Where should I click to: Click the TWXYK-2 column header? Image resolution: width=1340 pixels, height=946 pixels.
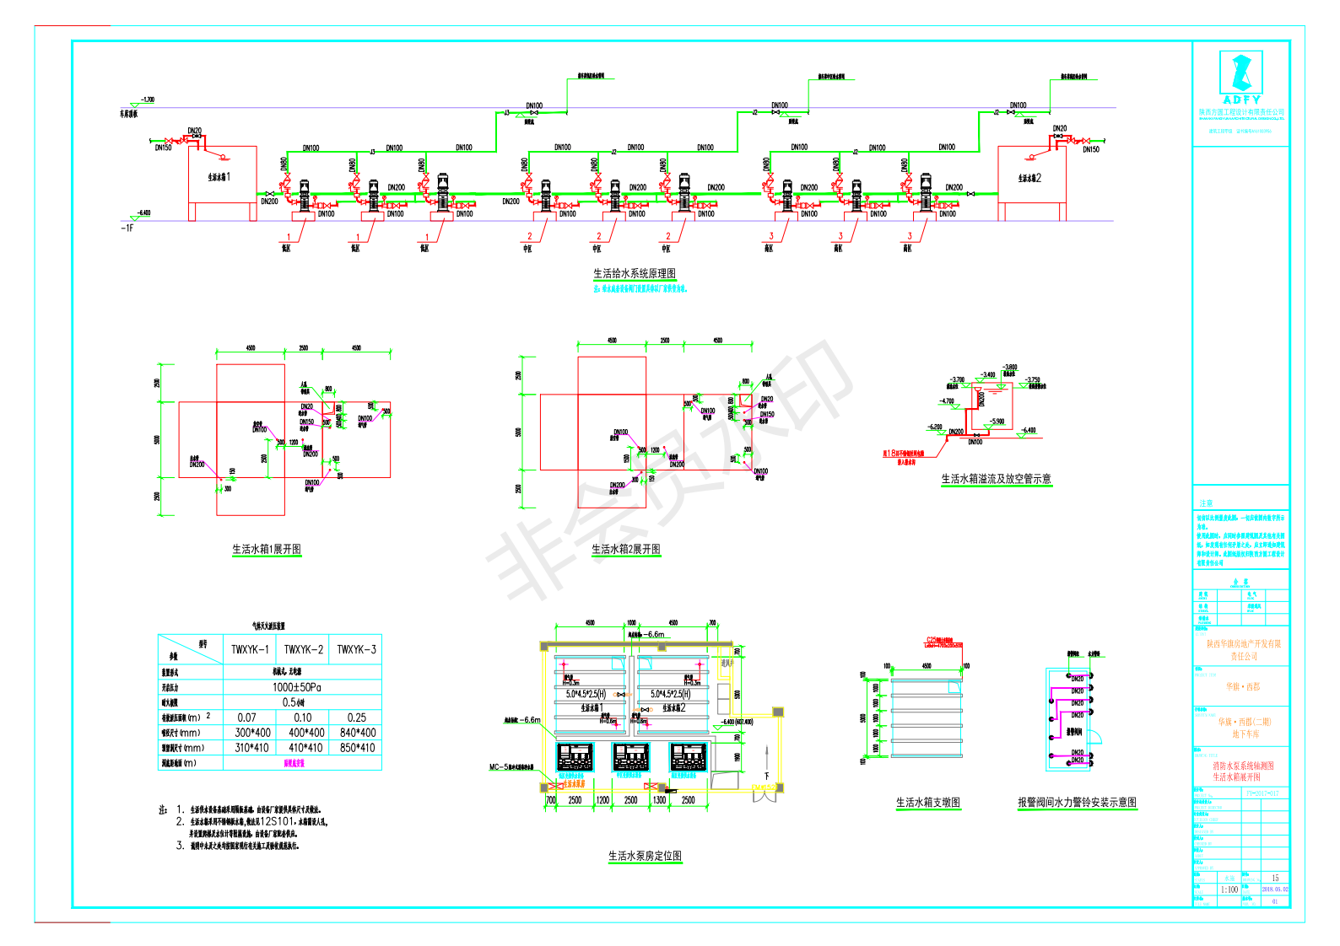(x=303, y=649)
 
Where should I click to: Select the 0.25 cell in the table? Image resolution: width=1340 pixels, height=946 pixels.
(x=357, y=718)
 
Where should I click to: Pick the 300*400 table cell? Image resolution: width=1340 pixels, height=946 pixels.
(x=252, y=733)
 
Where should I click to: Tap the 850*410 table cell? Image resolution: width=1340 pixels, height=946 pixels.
(x=357, y=748)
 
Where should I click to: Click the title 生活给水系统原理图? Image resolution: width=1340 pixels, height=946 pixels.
(x=635, y=273)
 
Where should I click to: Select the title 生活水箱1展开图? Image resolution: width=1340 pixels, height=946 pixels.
(x=267, y=549)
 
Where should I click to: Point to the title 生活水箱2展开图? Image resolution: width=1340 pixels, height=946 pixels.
(x=626, y=549)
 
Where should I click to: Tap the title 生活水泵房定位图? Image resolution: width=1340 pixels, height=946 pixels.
(x=645, y=856)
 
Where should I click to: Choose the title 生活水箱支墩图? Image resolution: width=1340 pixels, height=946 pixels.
(x=928, y=803)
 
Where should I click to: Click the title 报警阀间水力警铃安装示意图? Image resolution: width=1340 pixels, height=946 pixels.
(x=1077, y=803)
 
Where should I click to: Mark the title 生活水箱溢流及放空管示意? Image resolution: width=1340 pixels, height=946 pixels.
(x=996, y=479)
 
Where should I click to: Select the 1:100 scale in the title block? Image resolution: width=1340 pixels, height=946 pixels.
(x=1229, y=890)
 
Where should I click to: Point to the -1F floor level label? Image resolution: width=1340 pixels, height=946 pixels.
(x=127, y=228)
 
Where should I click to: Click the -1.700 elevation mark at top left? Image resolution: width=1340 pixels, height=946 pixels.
(x=147, y=99)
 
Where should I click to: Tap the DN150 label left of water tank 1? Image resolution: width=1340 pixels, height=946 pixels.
(x=163, y=148)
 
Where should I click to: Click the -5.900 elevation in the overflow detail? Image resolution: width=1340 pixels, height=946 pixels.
(x=997, y=422)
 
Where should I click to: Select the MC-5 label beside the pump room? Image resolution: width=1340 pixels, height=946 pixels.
(x=499, y=767)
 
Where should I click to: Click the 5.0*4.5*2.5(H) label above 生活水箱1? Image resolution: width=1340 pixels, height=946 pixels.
(x=586, y=694)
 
